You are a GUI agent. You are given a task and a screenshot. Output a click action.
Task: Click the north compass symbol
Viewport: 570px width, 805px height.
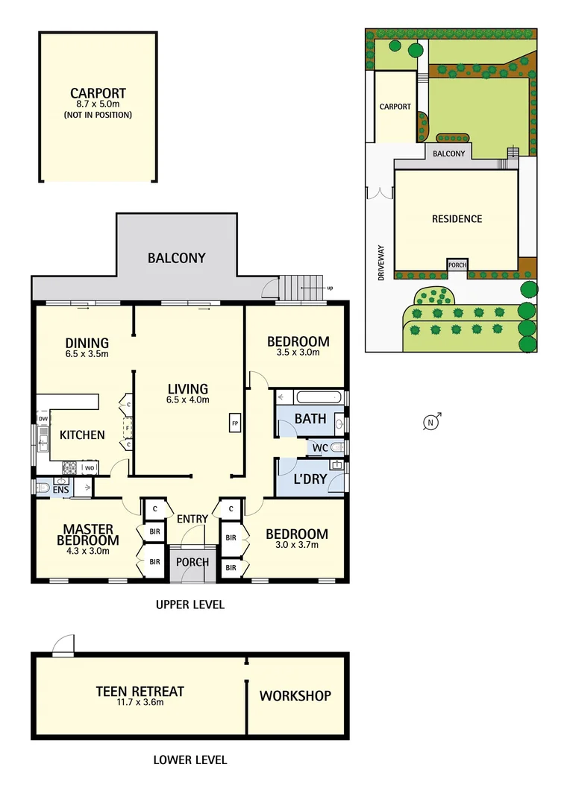pyautogui.click(x=430, y=423)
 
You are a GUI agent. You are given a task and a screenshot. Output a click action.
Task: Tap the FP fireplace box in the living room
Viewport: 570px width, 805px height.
pyautogui.click(x=234, y=423)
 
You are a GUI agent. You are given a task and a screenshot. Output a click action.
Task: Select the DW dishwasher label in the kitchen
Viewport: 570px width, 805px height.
pyautogui.click(x=43, y=419)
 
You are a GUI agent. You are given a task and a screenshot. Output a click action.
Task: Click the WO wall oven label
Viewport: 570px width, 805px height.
pyautogui.click(x=89, y=467)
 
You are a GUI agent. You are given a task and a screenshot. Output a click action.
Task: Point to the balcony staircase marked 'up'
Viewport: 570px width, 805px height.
pyautogui.click(x=302, y=287)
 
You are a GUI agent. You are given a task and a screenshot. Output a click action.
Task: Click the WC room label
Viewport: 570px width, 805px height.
pyautogui.click(x=320, y=447)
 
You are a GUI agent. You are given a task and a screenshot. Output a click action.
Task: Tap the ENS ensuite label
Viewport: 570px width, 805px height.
pyautogui.click(x=60, y=490)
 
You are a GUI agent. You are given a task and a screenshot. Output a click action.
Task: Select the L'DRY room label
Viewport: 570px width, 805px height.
pyautogui.click(x=310, y=479)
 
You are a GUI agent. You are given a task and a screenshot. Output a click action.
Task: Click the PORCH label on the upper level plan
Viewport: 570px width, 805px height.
pyautogui.click(x=192, y=562)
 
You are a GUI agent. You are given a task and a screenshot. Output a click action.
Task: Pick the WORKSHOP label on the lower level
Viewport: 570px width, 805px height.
pyautogui.click(x=295, y=695)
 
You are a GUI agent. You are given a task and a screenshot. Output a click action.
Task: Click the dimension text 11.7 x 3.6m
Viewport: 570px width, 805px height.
pyautogui.click(x=140, y=702)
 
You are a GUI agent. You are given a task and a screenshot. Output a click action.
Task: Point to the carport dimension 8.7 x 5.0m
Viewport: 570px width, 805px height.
pyautogui.click(x=98, y=105)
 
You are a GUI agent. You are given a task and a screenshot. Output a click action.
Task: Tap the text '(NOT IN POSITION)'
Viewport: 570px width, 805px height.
pyautogui.click(x=98, y=116)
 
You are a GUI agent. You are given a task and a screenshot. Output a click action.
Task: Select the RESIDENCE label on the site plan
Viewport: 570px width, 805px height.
pyautogui.click(x=457, y=219)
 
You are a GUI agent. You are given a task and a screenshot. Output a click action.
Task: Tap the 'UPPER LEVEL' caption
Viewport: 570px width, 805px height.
pyautogui.click(x=190, y=604)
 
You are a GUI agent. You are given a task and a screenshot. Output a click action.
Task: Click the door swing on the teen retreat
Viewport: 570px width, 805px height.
pyautogui.click(x=64, y=645)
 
